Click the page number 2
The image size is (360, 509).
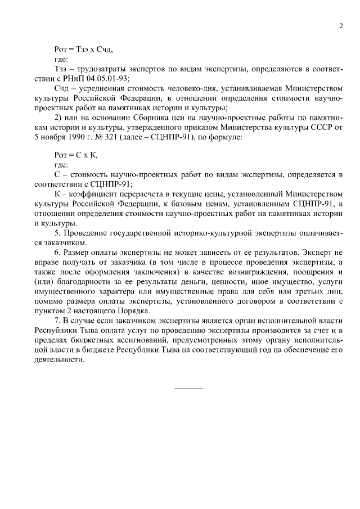tap(341, 25)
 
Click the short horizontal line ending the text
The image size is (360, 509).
tap(188, 389)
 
